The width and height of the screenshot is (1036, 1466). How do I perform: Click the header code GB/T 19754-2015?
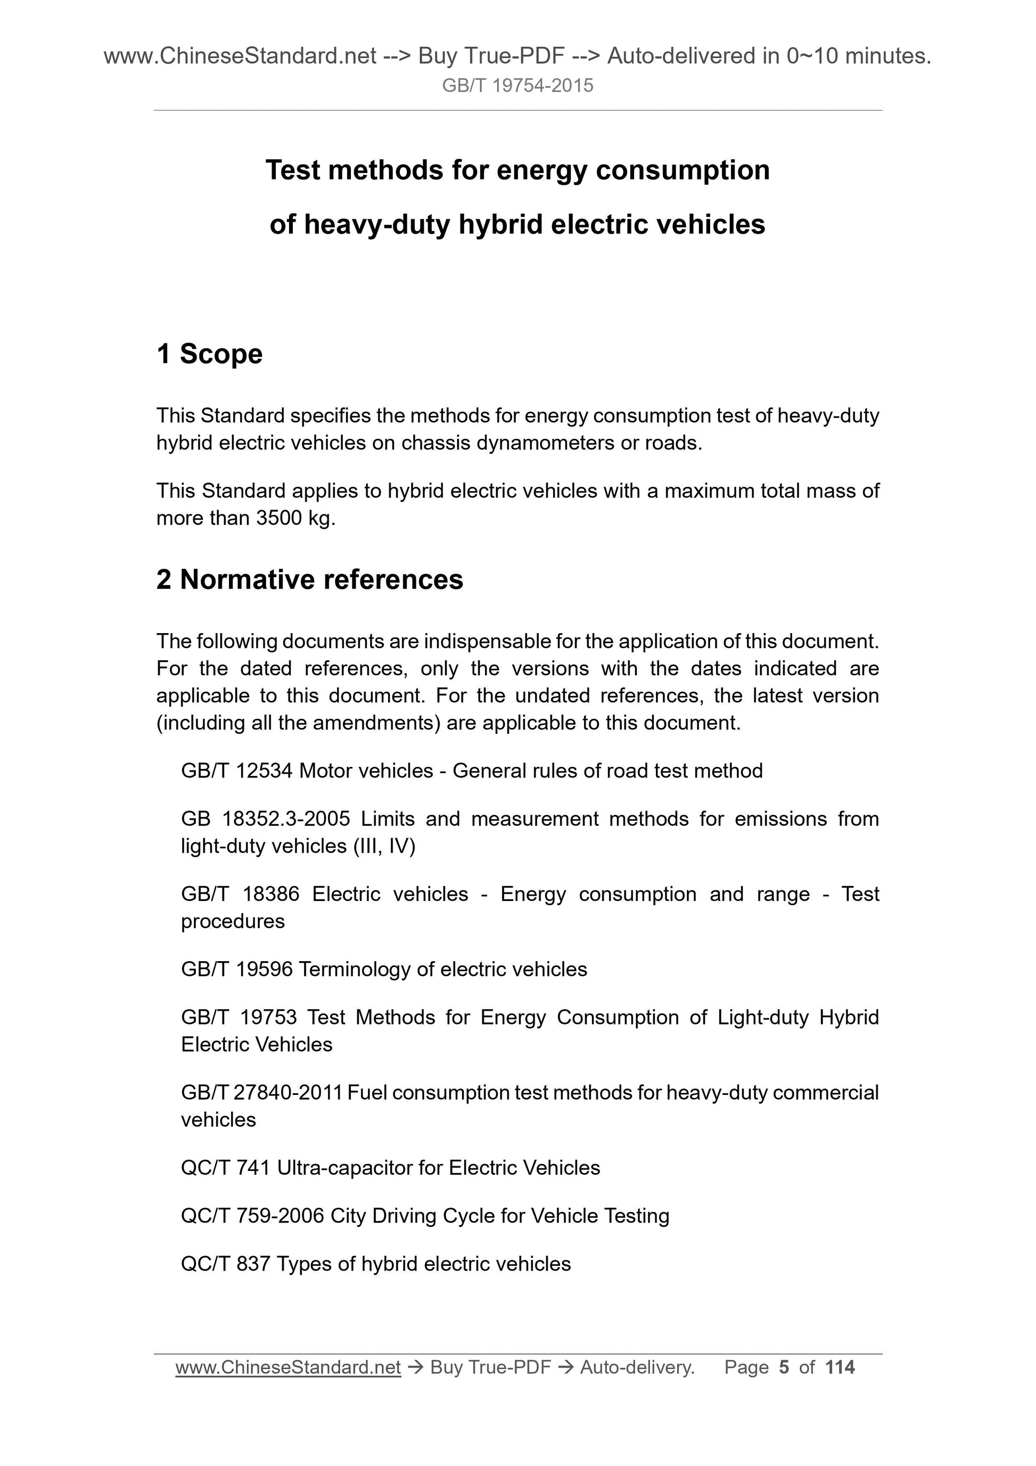[x=517, y=86]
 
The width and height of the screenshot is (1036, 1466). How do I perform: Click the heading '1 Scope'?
[x=209, y=354]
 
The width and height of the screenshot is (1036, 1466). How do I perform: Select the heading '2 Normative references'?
[x=310, y=579]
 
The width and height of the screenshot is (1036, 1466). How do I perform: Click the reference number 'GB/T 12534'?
[x=237, y=771]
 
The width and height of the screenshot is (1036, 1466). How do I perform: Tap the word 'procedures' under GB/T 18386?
[x=233, y=921]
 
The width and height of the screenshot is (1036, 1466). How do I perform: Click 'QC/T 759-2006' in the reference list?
[x=253, y=1216]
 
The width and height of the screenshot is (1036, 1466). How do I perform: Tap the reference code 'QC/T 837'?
[x=225, y=1264]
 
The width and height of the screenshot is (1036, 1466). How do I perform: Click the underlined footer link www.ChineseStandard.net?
[x=288, y=1367]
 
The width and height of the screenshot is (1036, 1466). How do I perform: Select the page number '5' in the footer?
[x=784, y=1367]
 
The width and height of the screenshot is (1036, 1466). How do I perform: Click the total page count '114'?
[x=840, y=1367]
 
